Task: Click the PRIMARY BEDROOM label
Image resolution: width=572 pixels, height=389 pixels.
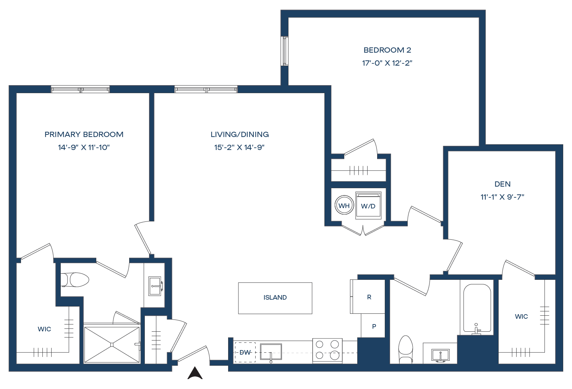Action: (84, 134)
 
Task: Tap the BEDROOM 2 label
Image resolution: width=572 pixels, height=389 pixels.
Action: (387, 50)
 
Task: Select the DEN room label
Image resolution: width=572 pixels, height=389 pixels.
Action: (502, 184)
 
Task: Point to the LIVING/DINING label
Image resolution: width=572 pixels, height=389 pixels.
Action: (240, 134)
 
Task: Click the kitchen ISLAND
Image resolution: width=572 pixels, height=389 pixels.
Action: (275, 298)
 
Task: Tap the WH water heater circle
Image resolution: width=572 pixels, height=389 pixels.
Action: (344, 206)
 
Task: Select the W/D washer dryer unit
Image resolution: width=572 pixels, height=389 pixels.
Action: (368, 206)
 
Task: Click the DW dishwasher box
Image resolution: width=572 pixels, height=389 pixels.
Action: (245, 352)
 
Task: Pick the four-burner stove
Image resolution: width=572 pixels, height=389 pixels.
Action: (327, 350)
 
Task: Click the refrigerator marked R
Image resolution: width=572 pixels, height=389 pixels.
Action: (369, 297)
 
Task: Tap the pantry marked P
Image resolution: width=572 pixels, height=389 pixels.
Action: (374, 326)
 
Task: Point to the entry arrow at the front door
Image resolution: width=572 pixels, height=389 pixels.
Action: (195, 373)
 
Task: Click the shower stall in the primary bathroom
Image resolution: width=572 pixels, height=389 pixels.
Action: (112, 344)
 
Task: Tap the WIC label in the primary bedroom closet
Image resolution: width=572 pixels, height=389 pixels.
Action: (44, 329)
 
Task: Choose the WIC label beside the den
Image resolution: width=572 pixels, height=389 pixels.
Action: (521, 316)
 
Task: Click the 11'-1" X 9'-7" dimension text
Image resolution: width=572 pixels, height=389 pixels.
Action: (502, 197)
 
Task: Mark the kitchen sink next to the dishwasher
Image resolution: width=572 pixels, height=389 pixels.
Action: (271, 352)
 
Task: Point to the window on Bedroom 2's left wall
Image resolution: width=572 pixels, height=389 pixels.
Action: (284, 51)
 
